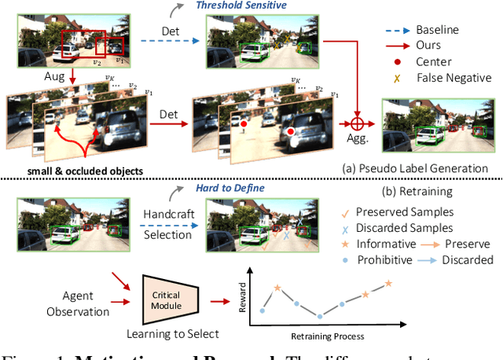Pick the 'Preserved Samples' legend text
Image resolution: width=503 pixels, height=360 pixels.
tap(404, 211)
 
